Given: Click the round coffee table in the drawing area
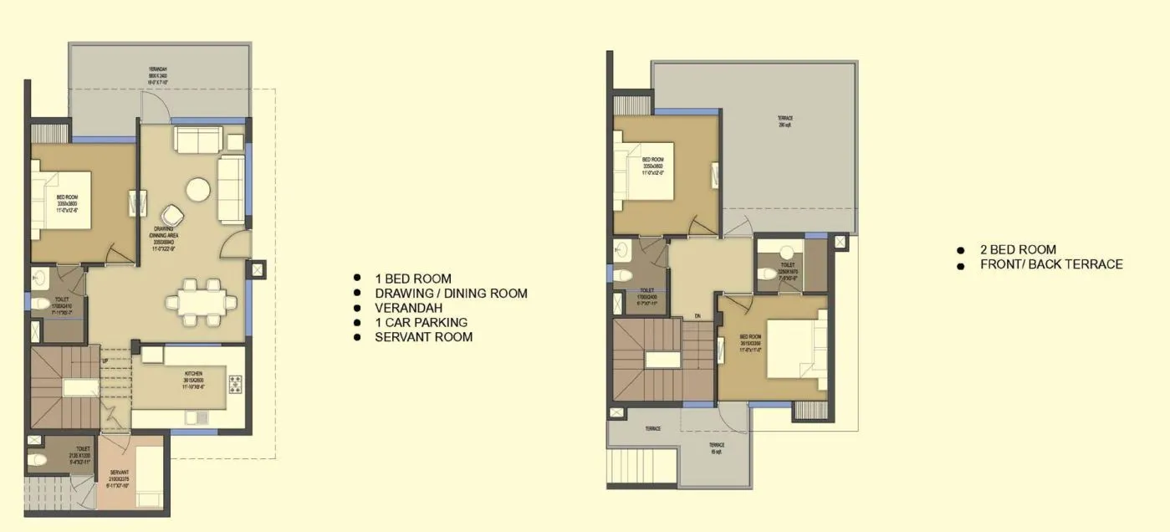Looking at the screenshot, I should tap(198, 190).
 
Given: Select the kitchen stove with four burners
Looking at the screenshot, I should tap(235, 386).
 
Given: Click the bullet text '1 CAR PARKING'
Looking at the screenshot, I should tap(421, 322).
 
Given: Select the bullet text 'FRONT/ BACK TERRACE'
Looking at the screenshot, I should tap(1051, 264).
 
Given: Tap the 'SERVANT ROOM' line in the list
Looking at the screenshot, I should tap(423, 337).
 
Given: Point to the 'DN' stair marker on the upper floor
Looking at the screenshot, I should tap(697, 315).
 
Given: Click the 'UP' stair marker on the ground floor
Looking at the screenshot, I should tap(104, 361).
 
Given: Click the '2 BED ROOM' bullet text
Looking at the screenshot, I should tap(1018, 249).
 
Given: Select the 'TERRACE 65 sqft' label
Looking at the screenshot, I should tap(717, 448).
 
